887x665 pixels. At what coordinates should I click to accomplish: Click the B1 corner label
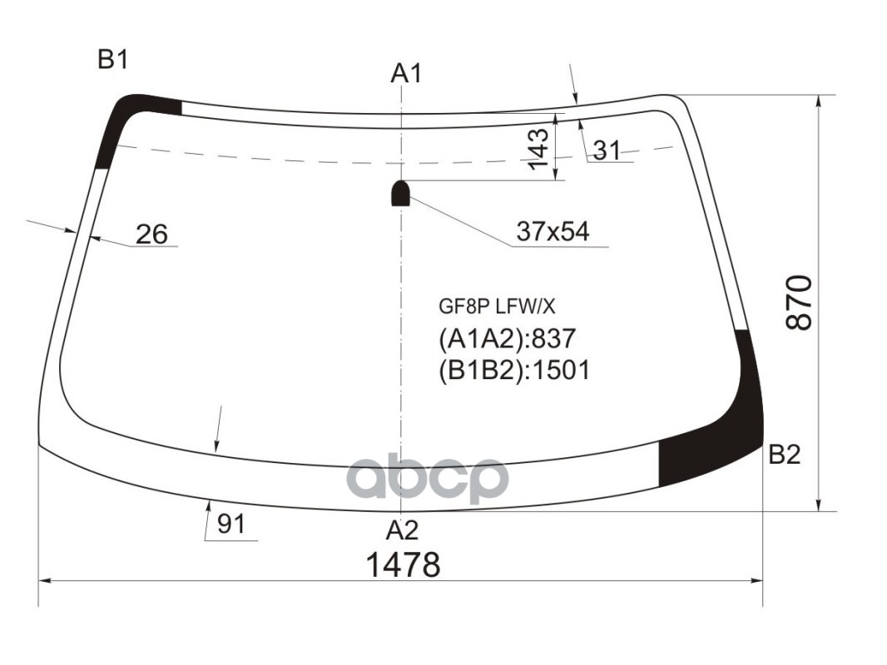[x=112, y=60]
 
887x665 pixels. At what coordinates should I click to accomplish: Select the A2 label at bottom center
[x=402, y=530]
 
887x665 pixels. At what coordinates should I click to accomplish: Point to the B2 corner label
[x=784, y=455]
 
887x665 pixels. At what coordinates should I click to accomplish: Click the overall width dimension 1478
[x=403, y=565]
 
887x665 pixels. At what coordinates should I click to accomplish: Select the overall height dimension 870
[x=799, y=302]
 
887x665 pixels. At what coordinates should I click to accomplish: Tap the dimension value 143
[x=539, y=149]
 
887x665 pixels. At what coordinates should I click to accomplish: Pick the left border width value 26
[x=151, y=234]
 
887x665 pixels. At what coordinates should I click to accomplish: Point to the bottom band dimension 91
[x=230, y=525]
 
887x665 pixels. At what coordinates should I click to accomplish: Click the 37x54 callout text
[x=553, y=232]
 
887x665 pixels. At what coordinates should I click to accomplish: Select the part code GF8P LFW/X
[x=496, y=307]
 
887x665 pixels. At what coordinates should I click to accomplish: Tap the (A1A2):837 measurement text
[x=507, y=339]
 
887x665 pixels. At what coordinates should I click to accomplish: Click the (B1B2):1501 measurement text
[x=513, y=369]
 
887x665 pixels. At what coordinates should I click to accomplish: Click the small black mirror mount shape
[x=401, y=193]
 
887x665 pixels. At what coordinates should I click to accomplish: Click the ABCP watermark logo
[x=427, y=480]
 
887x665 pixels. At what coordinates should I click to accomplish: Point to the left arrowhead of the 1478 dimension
[x=43, y=580]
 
